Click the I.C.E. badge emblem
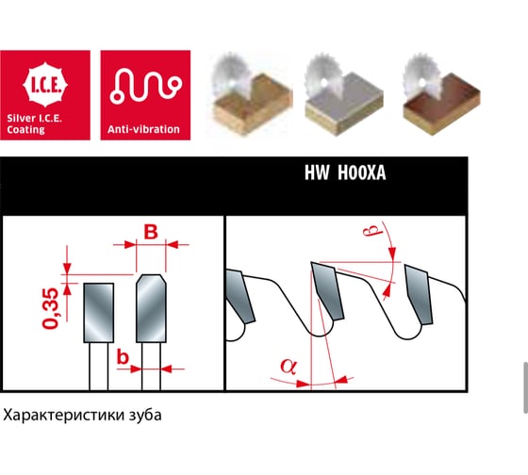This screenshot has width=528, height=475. [x=45, y=85]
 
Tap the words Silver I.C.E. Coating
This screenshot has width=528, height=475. [x=34, y=123]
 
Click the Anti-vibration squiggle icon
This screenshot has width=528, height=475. [x=146, y=86]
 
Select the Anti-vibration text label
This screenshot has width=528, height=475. [x=143, y=129]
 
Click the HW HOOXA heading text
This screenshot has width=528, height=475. [x=345, y=172]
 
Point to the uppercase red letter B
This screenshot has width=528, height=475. [x=151, y=232]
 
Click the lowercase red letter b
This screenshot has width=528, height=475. [x=123, y=357]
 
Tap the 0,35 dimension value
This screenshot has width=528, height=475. [x=51, y=308]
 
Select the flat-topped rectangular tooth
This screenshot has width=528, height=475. [x=99, y=313]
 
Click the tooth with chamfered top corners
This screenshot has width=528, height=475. [x=151, y=308]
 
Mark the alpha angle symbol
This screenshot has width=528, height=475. [x=289, y=367]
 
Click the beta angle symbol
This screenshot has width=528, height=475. [x=372, y=230]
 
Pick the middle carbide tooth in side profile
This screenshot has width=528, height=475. [x=327, y=290]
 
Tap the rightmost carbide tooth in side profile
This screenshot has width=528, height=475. [x=419, y=295]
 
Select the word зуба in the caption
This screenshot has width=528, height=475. [x=145, y=415]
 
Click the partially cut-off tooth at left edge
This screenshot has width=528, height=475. [x=239, y=296]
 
